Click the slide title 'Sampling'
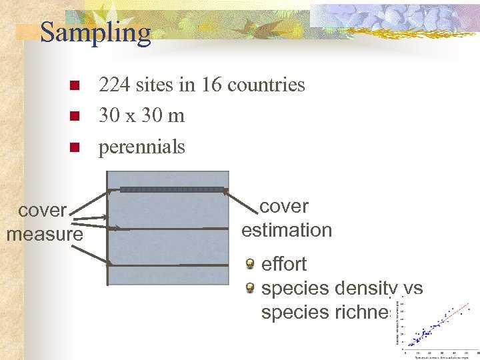(x=95, y=32)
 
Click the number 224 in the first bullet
(x=116, y=85)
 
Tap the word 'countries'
(x=266, y=85)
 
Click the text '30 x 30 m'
(x=141, y=116)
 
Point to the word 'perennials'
(x=141, y=147)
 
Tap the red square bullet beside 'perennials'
(x=75, y=147)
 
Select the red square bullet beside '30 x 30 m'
(x=75, y=117)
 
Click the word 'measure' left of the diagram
(x=45, y=235)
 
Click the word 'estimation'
(x=287, y=231)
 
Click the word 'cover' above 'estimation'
(x=284, y=207)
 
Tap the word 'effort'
(x=284, y=265)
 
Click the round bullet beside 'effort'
(x=250, y=265)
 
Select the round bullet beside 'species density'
(x=250, y=289)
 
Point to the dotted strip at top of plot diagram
(x=171, y=189)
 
